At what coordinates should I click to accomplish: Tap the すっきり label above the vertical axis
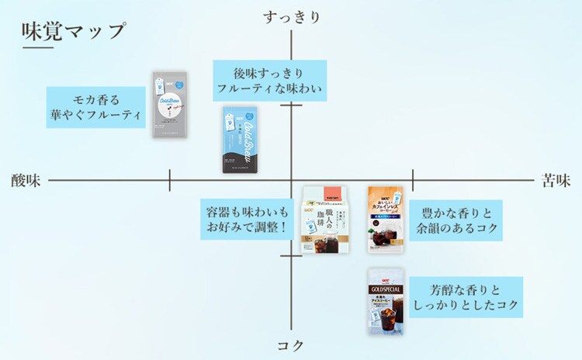[292, 16]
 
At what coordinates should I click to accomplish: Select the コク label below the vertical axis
[292, 345]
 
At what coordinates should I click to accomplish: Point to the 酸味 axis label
[26, 180]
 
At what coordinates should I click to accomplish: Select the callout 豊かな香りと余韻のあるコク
[456, 220]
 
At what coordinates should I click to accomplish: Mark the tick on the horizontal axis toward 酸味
[170, 180]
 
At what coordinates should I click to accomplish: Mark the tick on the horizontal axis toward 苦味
[412, 180]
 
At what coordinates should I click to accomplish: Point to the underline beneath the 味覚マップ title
[74, 50]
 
